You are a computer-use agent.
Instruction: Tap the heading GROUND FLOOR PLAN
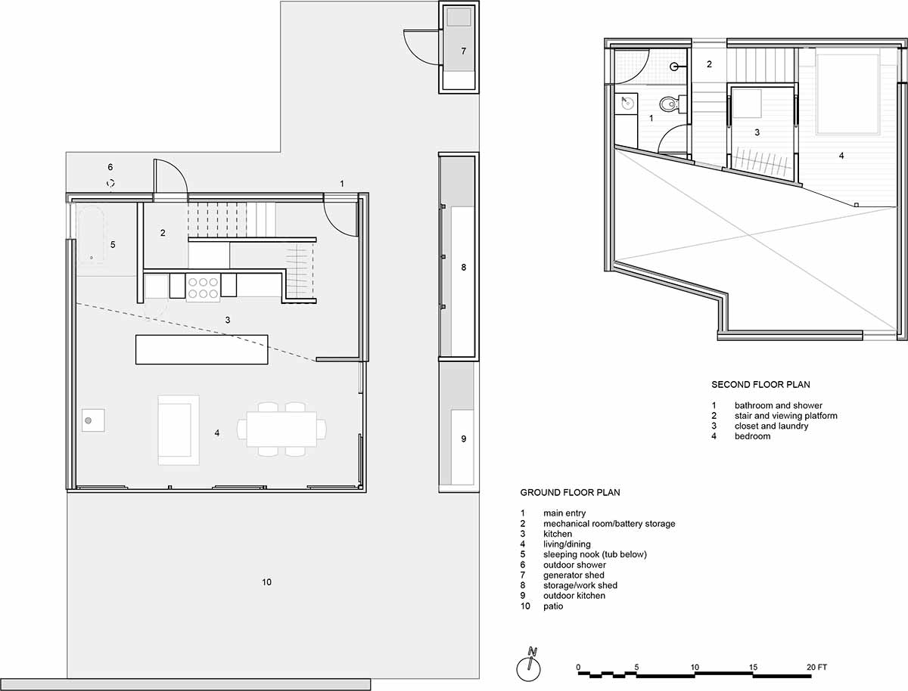[x=570, y=492]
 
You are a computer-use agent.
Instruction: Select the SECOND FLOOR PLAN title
[x=760, y=384]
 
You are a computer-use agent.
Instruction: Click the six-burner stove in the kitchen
[x=203, y=288]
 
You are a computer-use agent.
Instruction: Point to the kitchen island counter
[x=202, y=349]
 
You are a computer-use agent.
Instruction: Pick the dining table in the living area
[x=281, y=429]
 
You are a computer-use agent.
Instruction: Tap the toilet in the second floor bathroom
[x=669, y=104]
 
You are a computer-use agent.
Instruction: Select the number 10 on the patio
[x=267, y=582]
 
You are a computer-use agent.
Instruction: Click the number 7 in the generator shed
[x=463, y=51]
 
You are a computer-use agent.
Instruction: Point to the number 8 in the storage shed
[x=463, y=268]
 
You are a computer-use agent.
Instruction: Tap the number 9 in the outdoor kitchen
[x=463, y=438]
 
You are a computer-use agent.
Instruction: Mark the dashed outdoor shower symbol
[x=110, y=183]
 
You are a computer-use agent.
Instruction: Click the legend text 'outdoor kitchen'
[x=574, y=596]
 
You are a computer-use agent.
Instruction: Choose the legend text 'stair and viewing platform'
[x=786, y=416]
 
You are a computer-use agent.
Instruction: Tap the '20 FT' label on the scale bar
[x=816, y=667]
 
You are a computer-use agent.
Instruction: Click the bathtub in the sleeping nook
[x=92, y=234]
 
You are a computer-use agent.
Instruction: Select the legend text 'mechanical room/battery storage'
[x=609, y=524]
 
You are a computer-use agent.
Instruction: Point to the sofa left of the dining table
[x=179, y=430]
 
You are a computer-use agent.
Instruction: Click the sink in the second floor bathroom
[x=627, y=103]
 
